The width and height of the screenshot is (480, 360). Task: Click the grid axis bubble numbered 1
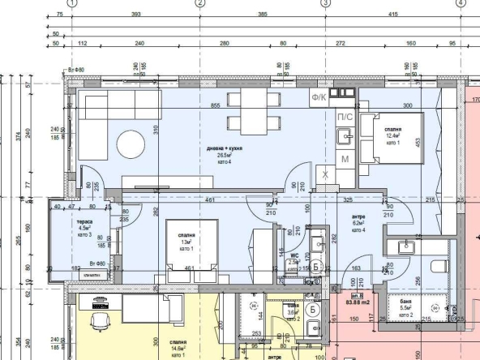tap(71, 3)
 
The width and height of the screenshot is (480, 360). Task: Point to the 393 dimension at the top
tap(135, 15)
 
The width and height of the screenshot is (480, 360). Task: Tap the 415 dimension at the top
tap(392, 15)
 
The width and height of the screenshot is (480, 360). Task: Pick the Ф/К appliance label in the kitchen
tap(319, 98)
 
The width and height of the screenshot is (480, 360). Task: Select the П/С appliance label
tap(344, 118)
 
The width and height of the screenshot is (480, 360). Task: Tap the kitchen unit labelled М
tap(344, 158)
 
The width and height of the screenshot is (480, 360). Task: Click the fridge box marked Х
tap(325, 174)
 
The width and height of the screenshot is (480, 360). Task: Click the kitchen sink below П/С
tap(344, 136)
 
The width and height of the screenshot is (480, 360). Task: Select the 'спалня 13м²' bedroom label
tap(187, 241)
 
